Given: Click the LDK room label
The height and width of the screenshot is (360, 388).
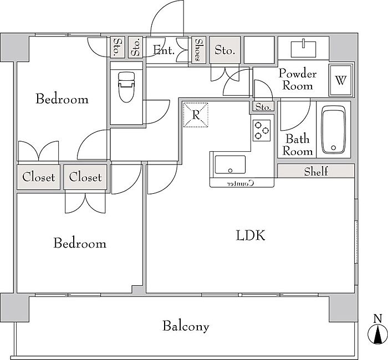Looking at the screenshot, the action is tap(251, 235).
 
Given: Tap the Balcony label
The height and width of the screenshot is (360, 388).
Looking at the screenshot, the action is tap(186, 326).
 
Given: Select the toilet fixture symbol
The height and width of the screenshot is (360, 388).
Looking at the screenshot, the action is tap(126, 87).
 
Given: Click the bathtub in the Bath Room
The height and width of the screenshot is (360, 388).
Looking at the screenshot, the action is tap(333, 130).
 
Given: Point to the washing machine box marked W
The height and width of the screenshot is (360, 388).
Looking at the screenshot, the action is tap(340, 80).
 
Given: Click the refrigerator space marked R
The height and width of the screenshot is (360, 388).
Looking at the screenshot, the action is tap(196, 115).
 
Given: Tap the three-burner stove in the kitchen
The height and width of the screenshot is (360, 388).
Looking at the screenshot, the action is tap(262, 130).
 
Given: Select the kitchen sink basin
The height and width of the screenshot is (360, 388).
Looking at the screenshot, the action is tap(230, 164).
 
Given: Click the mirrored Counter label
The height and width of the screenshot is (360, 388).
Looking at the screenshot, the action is tap(241, 183).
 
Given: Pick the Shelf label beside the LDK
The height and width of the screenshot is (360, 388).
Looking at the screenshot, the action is tap(316, 171).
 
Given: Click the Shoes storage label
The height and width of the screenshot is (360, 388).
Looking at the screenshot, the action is tap(198, 50).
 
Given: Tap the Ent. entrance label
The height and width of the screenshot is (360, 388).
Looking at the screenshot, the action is tap(164, 50).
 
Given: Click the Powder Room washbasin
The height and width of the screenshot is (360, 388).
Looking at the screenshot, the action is tap(303, 49).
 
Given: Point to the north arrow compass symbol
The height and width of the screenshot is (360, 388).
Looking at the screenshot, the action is tap(377, 333).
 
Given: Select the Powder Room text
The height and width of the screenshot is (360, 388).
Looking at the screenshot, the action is tap(298, 79).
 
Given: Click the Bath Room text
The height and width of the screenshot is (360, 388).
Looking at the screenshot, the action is tap(298, 145).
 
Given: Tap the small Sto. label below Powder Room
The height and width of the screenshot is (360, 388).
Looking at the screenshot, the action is tap(263, 107).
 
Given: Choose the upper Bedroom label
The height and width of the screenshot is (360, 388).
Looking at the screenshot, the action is tap(62, 99).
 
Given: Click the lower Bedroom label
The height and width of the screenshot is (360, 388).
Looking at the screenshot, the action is tap(80, 243).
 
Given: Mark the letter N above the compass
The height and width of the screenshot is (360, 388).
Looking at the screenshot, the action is tap(377, 318).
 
